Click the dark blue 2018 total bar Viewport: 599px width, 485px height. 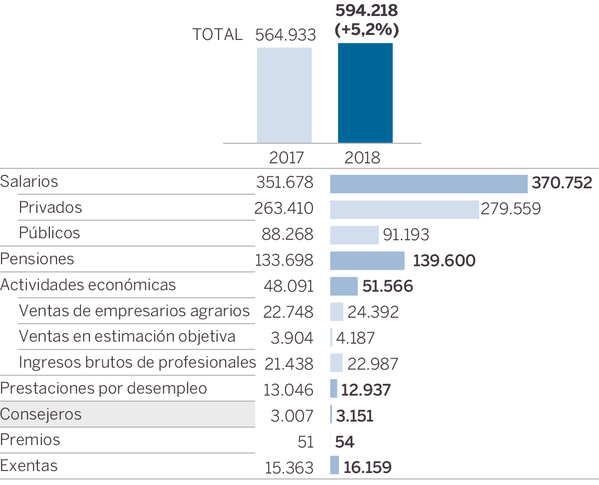[x=365, y=93]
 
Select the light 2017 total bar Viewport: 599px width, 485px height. [x=284, y=95]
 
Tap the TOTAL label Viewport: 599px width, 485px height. [x=218, y=34]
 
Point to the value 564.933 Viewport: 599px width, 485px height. [x=286, y=35]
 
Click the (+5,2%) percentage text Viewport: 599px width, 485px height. [x=367, y=30]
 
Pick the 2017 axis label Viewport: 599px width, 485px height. [x=286, y=158]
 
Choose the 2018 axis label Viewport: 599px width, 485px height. [x=362, y=158]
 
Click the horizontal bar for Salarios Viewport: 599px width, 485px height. [x=428, y=184]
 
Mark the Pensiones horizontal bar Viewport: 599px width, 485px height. [x=367, y=261]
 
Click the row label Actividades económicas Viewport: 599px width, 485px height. [x=88, y=285]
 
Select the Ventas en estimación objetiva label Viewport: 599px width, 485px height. [x=127, y=336]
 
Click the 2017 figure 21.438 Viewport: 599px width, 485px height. [x=289, y=364]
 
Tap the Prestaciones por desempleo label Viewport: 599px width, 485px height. [x=104, y=388]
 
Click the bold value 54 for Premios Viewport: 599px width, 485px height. [x=344, y=442]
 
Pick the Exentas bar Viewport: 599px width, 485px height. [x=334, y=466]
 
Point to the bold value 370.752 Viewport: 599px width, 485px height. [x=562, y=183]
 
